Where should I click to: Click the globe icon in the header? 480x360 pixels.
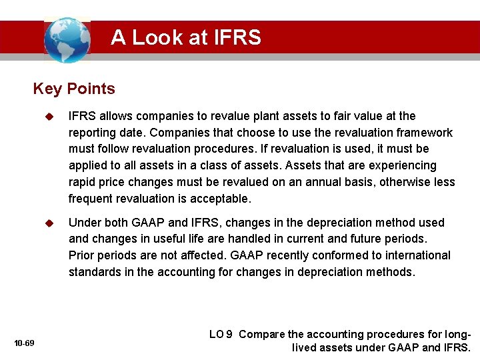[x=67, y=39]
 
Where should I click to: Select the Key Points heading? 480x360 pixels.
[x=74, y=89]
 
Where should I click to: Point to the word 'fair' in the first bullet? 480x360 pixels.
[x=344, y=116]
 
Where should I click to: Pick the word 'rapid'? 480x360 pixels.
[x=83, y=182]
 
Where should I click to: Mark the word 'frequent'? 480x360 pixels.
[x=91, y=199]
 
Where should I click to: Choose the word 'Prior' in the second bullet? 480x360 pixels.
[x=82, y=255]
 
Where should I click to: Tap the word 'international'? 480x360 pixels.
[x=414, y=255]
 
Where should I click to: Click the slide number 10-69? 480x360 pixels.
[x=24, y=343]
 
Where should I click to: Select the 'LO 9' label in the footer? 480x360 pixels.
[x=221, y=335]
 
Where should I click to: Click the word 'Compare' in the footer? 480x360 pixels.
[x=261, y=335]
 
